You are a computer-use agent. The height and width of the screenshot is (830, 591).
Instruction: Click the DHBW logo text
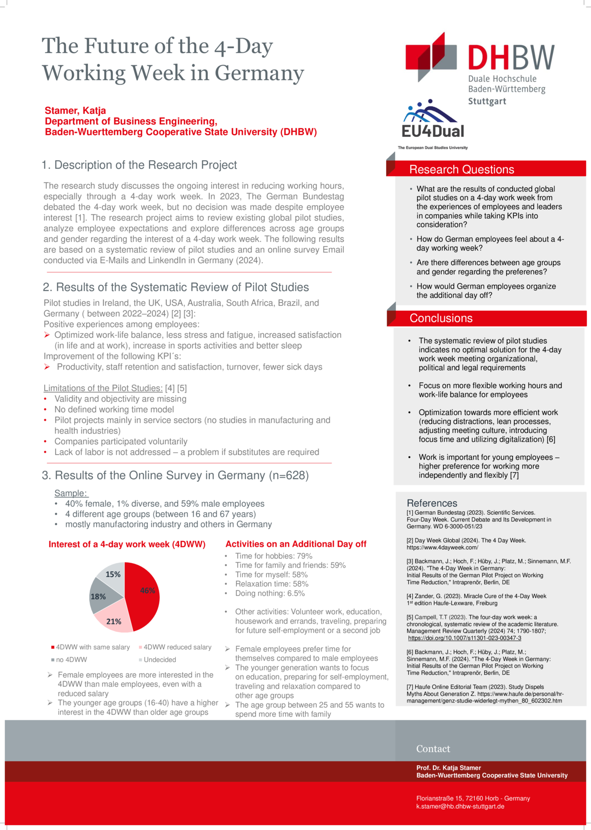[511, 58]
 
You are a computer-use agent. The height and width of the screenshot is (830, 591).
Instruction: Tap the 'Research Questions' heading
[461, 169]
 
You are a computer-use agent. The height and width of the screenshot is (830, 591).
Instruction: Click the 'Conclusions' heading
[441, 318]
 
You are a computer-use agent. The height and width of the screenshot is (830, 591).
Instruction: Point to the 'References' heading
[432, 503]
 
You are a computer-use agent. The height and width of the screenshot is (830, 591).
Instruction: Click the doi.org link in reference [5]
[464, 638]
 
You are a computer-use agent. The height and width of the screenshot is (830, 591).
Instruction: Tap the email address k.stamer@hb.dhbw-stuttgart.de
[460, 806]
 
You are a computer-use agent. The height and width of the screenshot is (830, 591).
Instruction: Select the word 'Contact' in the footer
[433, 749]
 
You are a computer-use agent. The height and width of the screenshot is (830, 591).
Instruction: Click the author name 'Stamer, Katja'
[75, 110]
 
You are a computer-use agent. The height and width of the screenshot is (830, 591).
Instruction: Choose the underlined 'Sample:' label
[71, 493]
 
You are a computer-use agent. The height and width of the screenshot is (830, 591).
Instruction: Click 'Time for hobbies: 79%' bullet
[273, 556]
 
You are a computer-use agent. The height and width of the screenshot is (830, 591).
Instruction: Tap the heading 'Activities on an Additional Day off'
[295, 544]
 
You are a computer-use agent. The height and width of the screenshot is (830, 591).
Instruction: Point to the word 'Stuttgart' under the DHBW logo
[487, 101]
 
